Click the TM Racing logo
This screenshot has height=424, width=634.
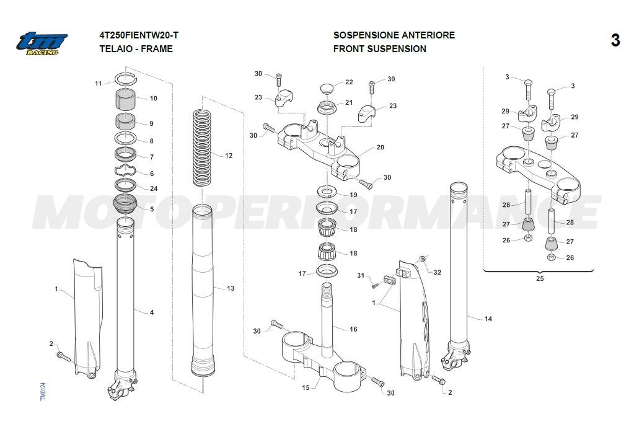tap(42, 43)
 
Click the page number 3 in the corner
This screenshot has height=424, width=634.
tap(615, 41)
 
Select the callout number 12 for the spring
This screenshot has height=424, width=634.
tap(229, 156)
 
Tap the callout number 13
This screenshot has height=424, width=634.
tap(231, 288)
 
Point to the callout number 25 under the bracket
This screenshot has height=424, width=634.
tap(539, 280)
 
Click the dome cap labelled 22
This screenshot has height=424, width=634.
tap(327, 87)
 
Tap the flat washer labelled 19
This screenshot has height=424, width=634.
tap(327, 190)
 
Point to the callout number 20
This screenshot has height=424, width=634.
tap(380, 148)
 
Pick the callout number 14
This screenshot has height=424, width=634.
tap(488, 319)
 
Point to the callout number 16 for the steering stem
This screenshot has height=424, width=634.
tap(353, 329)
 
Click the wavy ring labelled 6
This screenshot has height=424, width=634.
tap(126, 172)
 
